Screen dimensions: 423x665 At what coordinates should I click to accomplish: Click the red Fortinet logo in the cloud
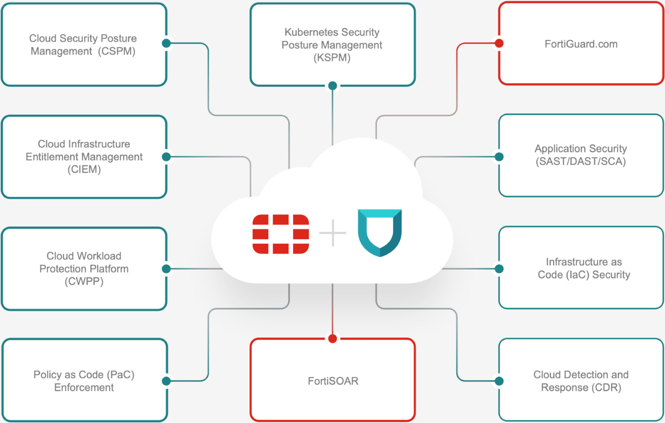[281, 234]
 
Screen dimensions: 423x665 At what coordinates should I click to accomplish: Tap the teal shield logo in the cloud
[379, 233]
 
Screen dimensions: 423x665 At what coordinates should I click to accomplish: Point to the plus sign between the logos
[332, 233]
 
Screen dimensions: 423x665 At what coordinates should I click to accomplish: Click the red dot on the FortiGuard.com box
[499, 43]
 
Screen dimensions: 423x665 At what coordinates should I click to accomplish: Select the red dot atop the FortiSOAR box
[332, 339]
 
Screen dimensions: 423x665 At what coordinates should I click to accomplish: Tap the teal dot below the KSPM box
[332, 86]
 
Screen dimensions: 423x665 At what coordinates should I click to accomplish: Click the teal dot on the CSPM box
[166, 43]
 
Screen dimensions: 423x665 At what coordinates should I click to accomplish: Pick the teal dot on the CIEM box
[166, 157]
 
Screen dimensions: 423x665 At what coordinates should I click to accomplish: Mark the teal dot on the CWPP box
[166, 269]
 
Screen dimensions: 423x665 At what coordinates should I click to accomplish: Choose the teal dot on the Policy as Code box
[166, 381]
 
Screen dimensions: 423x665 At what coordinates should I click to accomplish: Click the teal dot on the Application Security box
[499, 157]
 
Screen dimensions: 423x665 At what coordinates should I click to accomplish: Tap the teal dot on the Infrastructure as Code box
[499, 269]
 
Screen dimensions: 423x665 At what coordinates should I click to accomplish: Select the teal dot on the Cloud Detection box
[499, 381]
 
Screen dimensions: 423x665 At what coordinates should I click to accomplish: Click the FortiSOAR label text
[333, 381]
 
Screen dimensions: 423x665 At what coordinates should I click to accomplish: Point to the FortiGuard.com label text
[581, 44]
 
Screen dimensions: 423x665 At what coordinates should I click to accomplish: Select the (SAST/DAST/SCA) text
[581, 161]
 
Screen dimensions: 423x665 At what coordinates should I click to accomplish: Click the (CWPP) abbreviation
[84, 282]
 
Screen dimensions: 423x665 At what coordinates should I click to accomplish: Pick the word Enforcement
[84, 388]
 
